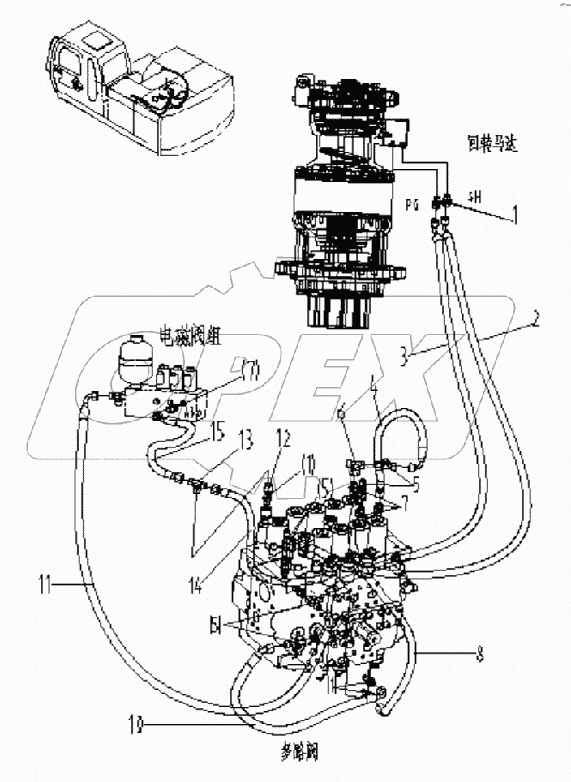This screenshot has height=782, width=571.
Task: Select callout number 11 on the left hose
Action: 48,580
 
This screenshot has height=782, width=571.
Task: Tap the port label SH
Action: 475,195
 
